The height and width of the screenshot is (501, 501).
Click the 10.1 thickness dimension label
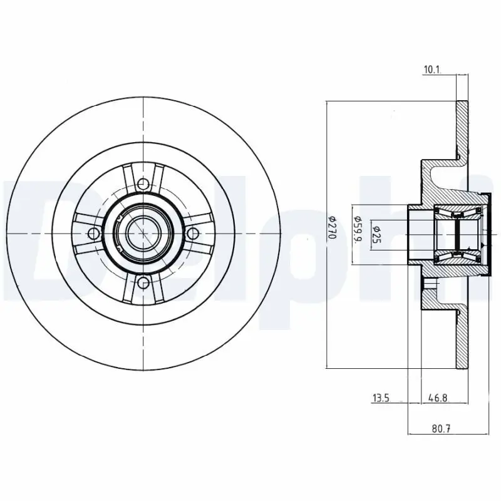pos(431,70)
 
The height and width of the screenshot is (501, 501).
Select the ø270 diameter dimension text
pos(333,233)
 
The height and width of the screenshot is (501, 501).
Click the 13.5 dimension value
pos(381,397)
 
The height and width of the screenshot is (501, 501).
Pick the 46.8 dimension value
pos(436,397)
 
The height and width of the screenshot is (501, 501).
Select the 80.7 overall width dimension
pos(442,428)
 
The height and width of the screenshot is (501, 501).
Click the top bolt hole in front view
pos(144,184)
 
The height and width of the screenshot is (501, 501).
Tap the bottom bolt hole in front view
pos(144,282)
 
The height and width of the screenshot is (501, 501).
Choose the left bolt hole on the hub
pos(95,234)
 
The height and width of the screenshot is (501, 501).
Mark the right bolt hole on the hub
pos(194,234)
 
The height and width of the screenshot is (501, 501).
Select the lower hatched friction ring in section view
pos(462,338)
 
